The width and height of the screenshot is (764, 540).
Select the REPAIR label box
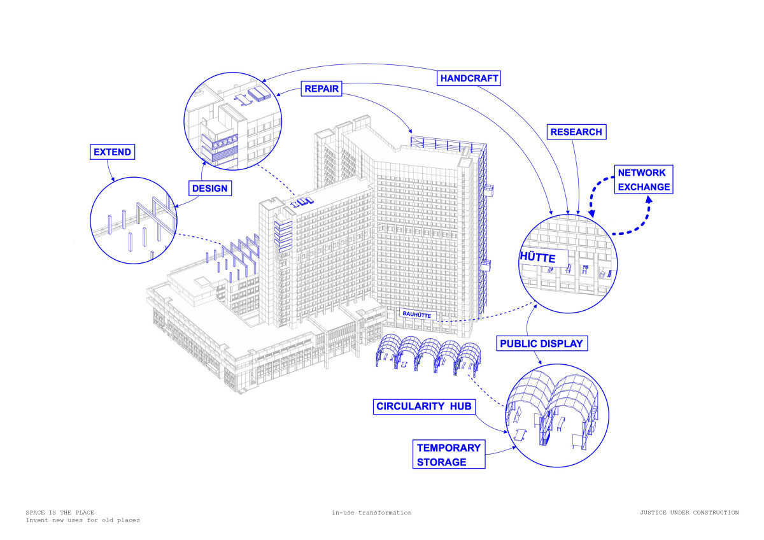tap(321, 90)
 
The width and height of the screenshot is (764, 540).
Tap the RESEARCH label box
tap(576, 132)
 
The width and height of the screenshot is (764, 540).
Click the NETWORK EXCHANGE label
tap(643, 180)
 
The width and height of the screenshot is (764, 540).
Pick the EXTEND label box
tap(112, 152)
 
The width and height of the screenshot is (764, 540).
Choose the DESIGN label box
tap(209, 188)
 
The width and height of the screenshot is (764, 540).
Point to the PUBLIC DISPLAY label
tap(541, 344)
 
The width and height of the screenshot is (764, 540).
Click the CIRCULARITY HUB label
tap(425, 406)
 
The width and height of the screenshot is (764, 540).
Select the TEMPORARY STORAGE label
tap(448, 455)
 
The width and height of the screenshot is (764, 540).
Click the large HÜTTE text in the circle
tap(537, 259)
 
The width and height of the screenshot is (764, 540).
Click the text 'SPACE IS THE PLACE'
tap(60, 513)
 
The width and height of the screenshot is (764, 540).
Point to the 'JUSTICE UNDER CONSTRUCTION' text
tap(690, 513)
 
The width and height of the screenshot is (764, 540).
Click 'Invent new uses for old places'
tap(83, 520)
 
